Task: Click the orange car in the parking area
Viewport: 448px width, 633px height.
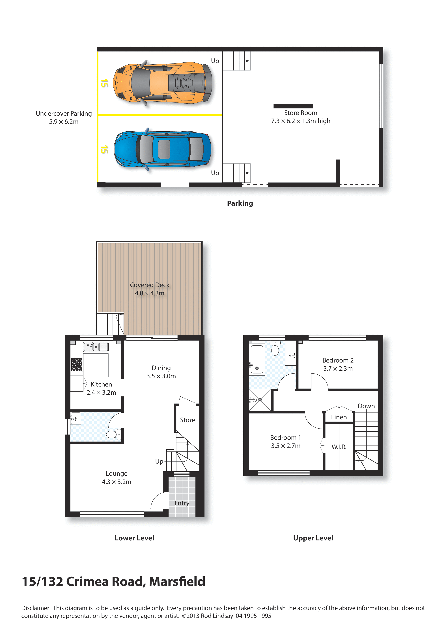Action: [163, 82]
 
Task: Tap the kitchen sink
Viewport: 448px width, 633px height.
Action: [96, 347]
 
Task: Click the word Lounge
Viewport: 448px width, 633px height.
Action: [117, 473]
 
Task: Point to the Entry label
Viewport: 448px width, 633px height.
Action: [182, 503]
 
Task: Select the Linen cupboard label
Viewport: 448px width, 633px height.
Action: [339, 417]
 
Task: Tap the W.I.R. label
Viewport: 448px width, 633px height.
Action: [339, 447]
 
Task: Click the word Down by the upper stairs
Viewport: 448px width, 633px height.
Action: [366, 406]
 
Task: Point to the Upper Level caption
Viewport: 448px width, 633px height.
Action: [313, 538]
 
